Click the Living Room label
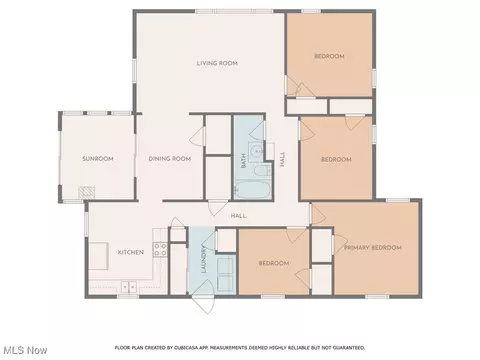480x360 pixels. point(217,63)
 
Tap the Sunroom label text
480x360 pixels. point(98,159)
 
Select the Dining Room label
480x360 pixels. point(170,159)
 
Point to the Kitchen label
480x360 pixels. point(131,252)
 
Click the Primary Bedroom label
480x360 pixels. point(373,248)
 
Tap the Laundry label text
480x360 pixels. point(204,259)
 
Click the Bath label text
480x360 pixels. point(243,160)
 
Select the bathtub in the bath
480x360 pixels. point(252,190)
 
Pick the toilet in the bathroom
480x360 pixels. point(262,171)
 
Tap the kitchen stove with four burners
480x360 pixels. point(160,250)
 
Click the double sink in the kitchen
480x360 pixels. point(129,287)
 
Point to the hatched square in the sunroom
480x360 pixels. point(87,193)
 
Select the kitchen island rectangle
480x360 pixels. point(99,256)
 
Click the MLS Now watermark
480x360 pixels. point(25,350)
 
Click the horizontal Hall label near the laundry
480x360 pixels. point(239,216)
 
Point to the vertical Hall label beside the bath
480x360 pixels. point(283,159)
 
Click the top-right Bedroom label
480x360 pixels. point(329,56)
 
